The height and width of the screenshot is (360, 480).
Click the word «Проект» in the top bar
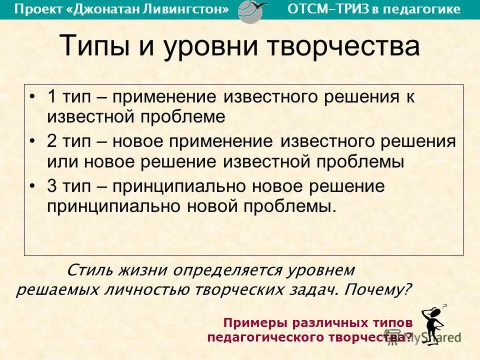(x=36, y=9)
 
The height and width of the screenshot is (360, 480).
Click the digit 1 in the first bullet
(x=52, y=96)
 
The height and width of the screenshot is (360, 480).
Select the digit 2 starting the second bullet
(x=52, y=141)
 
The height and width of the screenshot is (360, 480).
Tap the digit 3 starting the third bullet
(x=52, y=186)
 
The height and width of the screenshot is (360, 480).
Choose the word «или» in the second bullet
(x=63, y=161)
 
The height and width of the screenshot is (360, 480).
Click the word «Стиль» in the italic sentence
(x=90, y=270)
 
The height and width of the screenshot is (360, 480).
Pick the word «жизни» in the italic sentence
(x=142, y=270)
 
